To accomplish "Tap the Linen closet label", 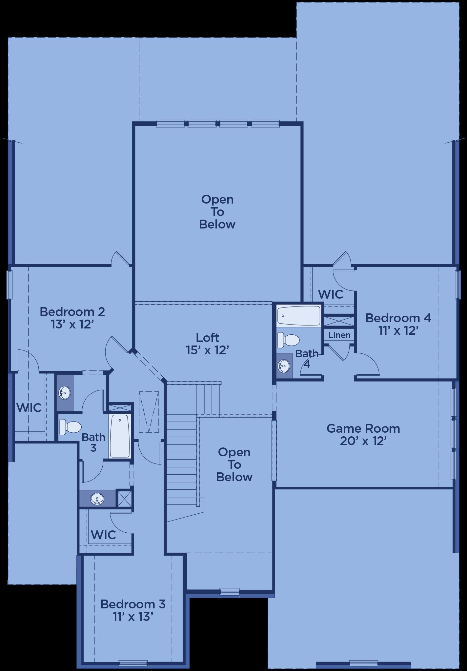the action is (339, 335).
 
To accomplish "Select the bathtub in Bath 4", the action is (298, 315).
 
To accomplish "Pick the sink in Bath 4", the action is (284, 366).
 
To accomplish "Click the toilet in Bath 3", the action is (70, 427).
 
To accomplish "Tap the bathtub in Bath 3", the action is (120, 436).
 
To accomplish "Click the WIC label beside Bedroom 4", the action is (331, 294).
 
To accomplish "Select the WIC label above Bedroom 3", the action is (103, 535).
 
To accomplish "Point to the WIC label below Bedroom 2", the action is (29, 408).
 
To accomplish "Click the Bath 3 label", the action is (93, 443).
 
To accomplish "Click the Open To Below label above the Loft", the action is (217, 212).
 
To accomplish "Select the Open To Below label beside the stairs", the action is (234, 464).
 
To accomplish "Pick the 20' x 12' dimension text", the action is (363, 441).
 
